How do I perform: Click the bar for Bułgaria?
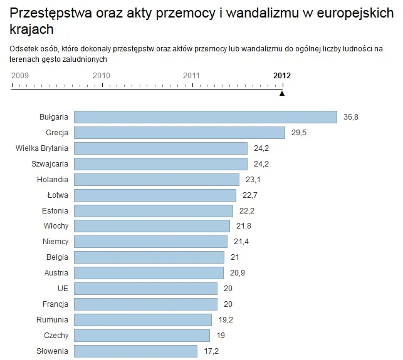[206, 117]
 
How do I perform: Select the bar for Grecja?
[180, 133]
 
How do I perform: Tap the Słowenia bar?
[135, 351]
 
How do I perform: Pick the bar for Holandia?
[157, 180]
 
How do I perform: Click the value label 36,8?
[352, 117]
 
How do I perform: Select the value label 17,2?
[212, 351]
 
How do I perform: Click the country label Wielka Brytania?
[42, 148]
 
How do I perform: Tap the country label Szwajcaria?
[50, 164]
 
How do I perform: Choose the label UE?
[63, 289]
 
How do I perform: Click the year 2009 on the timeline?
[21, 76]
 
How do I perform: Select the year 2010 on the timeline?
[102, 76]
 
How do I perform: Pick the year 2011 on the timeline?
[192, 76]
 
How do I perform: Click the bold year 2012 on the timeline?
[282, 76]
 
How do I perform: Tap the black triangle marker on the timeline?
[282, 93]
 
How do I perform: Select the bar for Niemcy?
[150, 242]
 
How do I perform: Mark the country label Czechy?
[56, 335]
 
